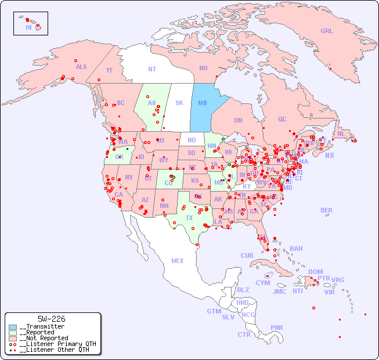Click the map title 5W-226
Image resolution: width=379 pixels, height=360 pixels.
coord(51,319)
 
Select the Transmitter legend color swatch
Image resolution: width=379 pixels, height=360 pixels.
coord(13,327)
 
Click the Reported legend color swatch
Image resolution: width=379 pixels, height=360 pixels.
coord(13,333)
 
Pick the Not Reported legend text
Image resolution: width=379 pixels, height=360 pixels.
coord(43,338)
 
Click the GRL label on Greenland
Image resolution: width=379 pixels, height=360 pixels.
coord(327,31)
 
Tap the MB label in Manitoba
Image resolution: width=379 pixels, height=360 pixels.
coord(203,103)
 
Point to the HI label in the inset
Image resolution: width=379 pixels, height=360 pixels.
coord(28,27)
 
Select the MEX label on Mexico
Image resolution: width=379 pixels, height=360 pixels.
coord(178,261)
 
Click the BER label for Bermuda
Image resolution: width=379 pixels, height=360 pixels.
coord(326,210)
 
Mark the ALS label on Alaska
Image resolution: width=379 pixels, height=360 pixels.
coord(81,67)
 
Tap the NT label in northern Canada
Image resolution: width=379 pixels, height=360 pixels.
coord(152,69)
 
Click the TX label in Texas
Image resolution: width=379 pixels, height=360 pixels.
coord(189,218)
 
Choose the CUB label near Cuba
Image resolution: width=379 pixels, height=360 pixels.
coord(247,255)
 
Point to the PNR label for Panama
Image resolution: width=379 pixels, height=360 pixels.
coord(277,327)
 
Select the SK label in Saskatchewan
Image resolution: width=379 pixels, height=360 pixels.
coord(179,103)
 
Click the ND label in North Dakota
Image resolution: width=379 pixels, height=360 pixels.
coord(192,140)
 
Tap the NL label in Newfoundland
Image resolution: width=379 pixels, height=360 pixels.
coord(341,133)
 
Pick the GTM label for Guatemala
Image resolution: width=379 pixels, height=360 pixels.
coord(214,311)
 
